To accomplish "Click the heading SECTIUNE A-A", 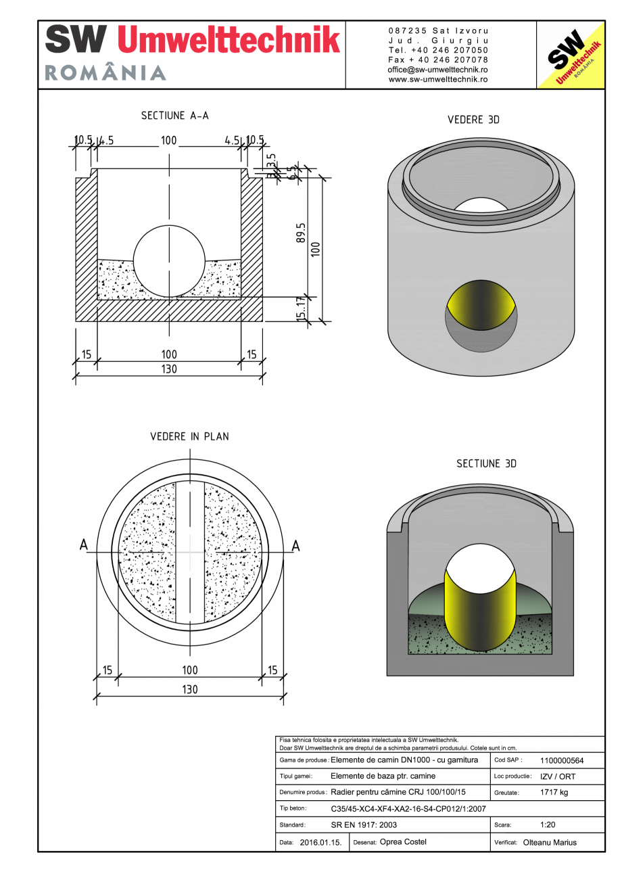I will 174,116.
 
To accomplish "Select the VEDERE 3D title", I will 473,120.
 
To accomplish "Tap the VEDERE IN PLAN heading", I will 189,436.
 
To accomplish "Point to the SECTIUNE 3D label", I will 486,463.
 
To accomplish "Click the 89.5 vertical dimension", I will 301,234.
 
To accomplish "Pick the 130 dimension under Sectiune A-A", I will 168,369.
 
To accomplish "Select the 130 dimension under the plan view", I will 189,689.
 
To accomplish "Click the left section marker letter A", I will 84,545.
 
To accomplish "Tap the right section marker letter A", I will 295,545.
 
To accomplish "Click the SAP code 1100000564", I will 562,760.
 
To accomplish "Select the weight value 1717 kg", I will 554,792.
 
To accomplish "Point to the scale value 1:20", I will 548,825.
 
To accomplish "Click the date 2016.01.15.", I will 320,842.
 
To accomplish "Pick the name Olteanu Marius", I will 550,842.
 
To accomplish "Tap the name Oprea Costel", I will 403,842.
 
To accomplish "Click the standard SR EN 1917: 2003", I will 364,825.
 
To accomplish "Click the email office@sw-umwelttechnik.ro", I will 437,70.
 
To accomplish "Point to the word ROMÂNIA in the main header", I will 105,73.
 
